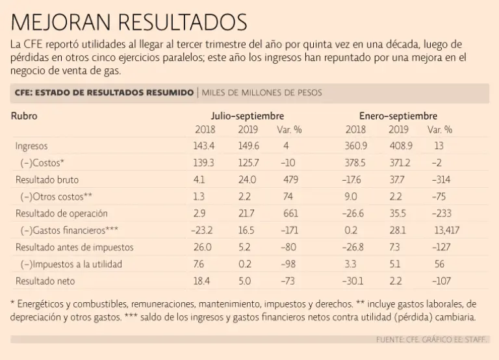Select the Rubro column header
tap(24, 116)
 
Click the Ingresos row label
tap(31, 146)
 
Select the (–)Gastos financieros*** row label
tap(70, 230)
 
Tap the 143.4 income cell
tap(205, 146)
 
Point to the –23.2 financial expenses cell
tap(203, 230)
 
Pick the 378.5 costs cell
tap(355, 162)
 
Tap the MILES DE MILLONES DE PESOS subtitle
tap(262, 93)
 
